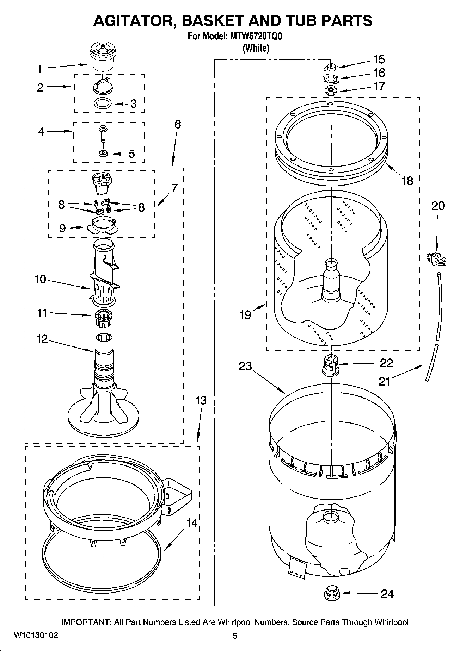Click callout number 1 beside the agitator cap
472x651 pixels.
click(x=40, y=69)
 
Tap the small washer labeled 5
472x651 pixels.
click(x=103, y=154)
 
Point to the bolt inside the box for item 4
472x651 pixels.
click(x=103, y=132)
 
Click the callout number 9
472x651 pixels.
click(x=62, y=229)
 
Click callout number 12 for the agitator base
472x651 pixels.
click(x=42, y=339)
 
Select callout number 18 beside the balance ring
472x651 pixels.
click(x=407, y=181)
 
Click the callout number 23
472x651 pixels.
click(x=245, y=366)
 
